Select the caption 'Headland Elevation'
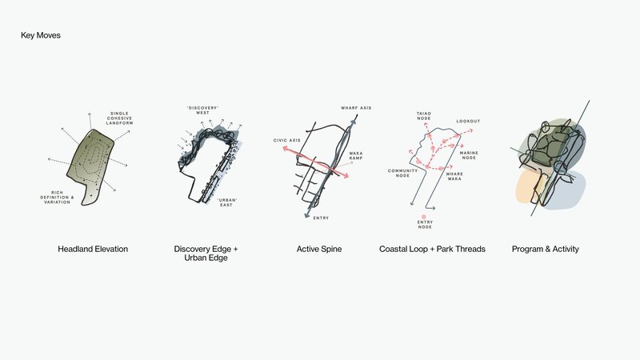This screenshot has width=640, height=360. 93,249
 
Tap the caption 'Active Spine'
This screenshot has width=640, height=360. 319,249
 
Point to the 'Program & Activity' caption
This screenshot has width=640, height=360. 545,249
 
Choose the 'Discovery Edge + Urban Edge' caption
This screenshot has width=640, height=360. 206,254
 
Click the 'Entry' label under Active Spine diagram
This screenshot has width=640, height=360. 321,218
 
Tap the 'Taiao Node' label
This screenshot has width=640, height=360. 423,117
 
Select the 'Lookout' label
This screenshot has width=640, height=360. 468,122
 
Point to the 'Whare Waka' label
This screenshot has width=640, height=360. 454,177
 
